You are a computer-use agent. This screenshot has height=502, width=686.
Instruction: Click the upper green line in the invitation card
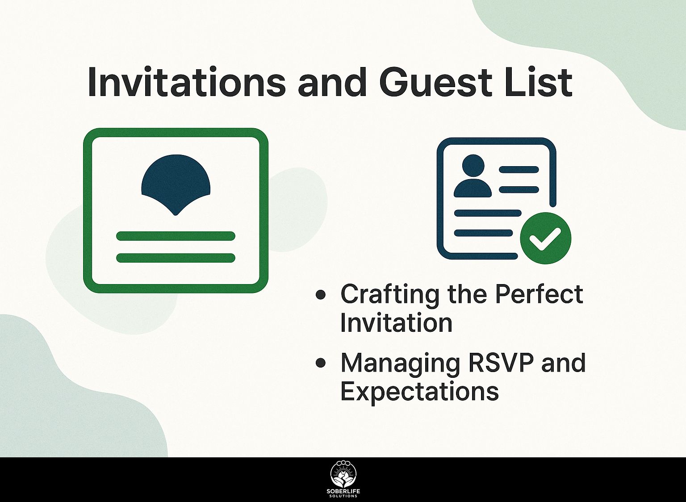(176, 236)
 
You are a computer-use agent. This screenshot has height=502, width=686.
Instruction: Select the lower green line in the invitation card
(176, 258)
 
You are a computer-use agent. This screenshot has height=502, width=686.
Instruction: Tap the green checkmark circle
(545, 238)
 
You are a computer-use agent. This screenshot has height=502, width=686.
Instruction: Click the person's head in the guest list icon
(473, 165)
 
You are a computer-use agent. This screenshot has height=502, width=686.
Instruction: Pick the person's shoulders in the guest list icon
(473, 188)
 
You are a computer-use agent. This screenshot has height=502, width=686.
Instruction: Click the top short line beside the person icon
(519, 169)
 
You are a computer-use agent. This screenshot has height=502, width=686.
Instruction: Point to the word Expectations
(419, 392)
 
